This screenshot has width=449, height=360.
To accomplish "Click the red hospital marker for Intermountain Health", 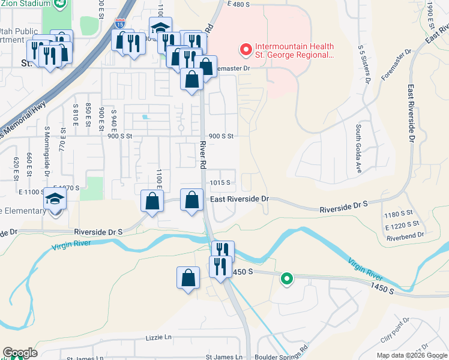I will point(245,49).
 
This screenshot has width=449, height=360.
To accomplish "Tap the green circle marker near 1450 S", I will point(287,278).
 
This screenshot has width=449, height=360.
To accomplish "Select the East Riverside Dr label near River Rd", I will point(240,199).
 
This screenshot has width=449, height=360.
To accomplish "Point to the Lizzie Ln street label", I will point(158,338).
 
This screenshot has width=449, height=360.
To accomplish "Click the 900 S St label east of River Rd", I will point(220,136).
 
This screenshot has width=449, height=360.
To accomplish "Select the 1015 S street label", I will point(220,182).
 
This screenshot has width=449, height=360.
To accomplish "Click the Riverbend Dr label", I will point(406,236).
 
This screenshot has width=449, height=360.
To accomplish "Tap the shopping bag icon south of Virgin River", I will point(188,277).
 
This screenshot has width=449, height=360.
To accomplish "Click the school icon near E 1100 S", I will point(55,199).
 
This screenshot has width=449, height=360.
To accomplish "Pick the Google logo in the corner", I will point(20,353).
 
